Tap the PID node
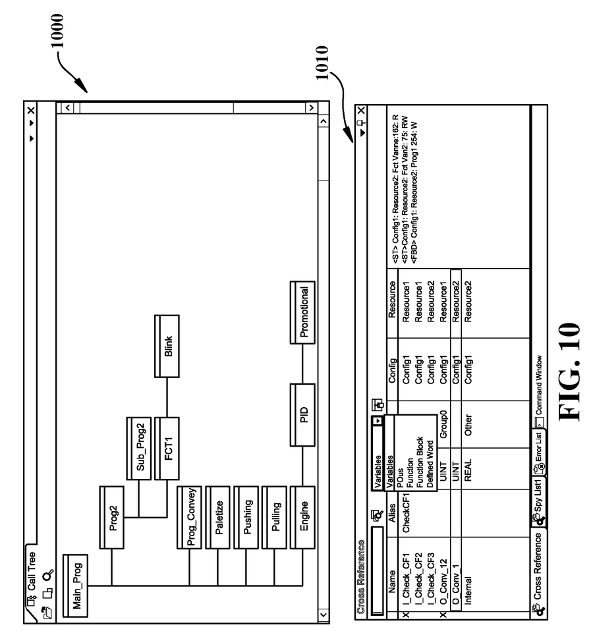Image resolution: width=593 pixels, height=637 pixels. (x=302, y=416)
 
